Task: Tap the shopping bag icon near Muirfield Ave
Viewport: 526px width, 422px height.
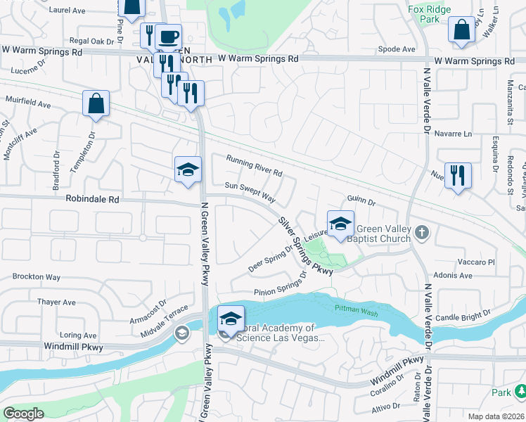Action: pyautogui.click(x=96, y=103)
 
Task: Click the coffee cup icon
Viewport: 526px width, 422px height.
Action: pyautogui.click(x=168, y=37)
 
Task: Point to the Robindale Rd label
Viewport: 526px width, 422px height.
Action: pyautogui.click(x=93, y=200)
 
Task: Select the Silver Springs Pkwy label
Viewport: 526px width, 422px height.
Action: pyautogui.click(x=305, y=245)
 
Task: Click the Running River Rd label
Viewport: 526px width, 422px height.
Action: pyautogui.click(x=254, y=166)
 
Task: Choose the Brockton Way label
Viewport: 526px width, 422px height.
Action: pyautogui.click(x=36, y=277)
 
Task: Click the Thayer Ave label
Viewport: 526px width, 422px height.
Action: pyautogui.click(x=56, y=302)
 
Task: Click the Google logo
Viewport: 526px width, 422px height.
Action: pyautogui.click(x=23, y=414)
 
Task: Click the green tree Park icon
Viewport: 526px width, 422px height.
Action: pyautogui.click(x=519, y=391)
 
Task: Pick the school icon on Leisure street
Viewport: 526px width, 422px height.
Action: pyautogui.click(x=340, y=224)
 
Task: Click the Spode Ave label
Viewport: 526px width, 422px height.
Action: pyautogui.click(x=397, y=49)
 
